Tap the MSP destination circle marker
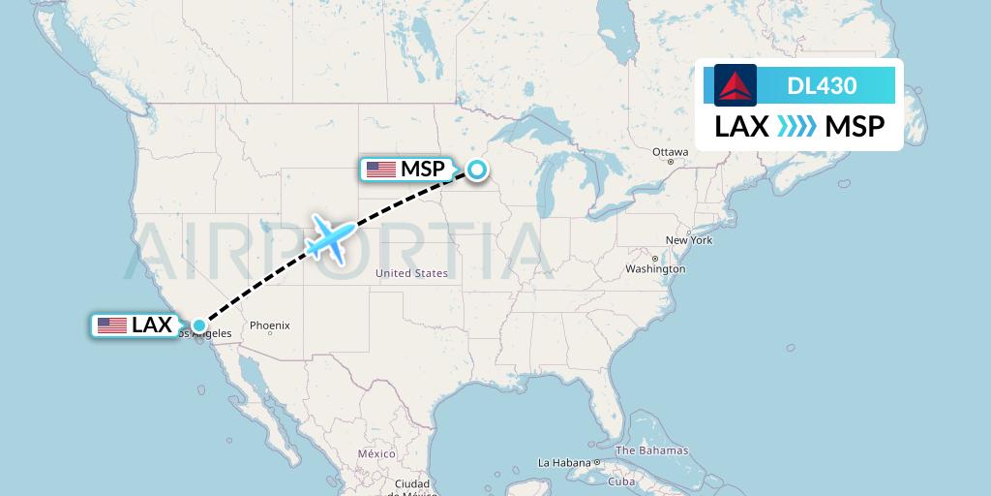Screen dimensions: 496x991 pos(477,170)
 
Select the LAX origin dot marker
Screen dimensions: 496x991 pos(198,325)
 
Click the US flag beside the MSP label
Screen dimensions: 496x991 pos(381,170)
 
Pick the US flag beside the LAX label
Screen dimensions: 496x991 pos(112,325)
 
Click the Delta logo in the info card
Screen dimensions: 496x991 pos(736,85)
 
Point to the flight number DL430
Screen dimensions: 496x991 pos(822,85)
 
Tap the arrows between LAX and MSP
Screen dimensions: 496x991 pos(796,127)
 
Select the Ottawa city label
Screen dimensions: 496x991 pos(670,153)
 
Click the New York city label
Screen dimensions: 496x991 pos(688,240)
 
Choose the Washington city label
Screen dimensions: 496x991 pos(655,268)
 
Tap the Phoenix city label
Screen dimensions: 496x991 pos(270,326)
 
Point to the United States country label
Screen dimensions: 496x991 pos(412,273)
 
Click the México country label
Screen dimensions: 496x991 pos(376,453)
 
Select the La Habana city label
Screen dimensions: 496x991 pos(565,462)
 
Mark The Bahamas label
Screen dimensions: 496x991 pos(651,450)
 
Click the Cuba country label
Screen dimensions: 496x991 pos(620,481)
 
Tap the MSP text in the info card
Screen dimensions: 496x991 pos(855,127)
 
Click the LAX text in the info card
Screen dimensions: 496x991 pos(741,127)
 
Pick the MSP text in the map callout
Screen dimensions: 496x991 pos(423,170)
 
